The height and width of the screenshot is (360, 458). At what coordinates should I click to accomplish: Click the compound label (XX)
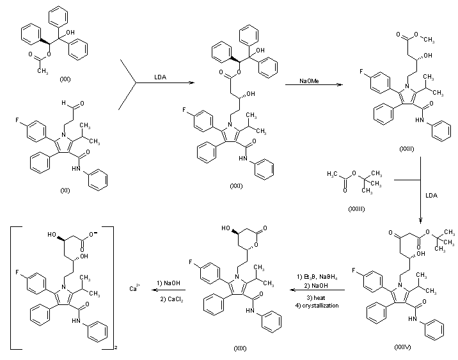(x=65, y=79)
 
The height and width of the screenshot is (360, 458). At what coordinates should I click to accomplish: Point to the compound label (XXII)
(x=406, y=149)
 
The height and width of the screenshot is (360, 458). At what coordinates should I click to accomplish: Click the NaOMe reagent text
(x=312, y=81)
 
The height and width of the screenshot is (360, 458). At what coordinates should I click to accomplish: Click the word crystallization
(x=318, y=306)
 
